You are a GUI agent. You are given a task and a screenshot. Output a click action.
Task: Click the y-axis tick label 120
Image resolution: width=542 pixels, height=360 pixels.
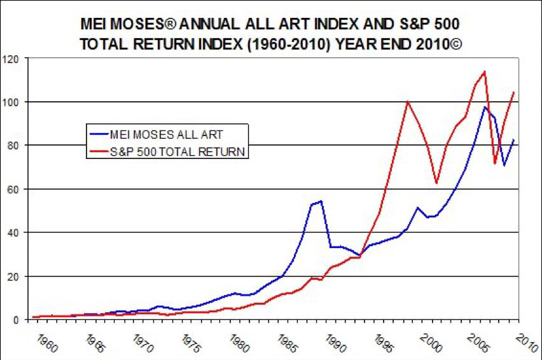13,59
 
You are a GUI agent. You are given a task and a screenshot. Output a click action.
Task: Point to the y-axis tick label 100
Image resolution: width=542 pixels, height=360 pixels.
13,102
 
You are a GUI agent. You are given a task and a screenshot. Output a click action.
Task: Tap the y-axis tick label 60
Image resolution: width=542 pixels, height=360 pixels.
15,189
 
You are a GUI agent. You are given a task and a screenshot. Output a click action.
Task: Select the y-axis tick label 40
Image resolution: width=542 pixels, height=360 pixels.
15,233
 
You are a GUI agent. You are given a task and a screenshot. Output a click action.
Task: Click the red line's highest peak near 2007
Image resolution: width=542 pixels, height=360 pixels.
485,71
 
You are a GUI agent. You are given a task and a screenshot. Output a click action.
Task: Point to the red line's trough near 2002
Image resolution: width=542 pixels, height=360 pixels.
436,183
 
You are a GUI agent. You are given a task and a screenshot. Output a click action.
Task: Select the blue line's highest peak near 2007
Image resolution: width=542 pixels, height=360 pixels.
485,107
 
